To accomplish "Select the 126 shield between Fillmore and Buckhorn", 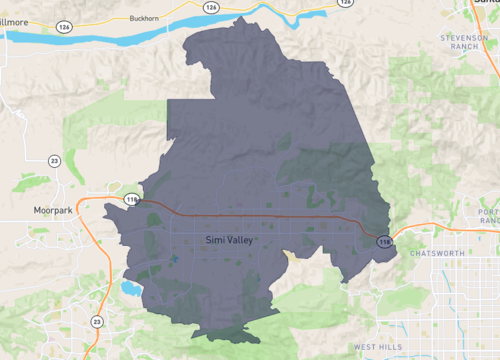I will [64, 26].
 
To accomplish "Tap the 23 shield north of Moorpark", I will [54, 160].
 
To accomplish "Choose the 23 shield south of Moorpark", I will [96, 321].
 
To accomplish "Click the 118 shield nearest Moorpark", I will [132, 200].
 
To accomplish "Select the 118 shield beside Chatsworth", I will [383, 241].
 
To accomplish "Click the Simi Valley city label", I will [230, 241].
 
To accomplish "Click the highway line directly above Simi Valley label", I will [230, 213].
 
